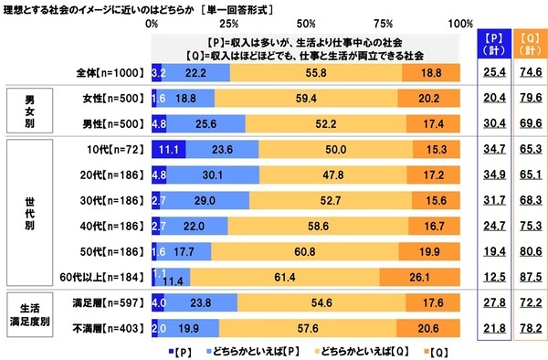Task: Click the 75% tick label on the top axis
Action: tap(384, 21)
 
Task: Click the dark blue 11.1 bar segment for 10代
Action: tap(168, 148)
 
